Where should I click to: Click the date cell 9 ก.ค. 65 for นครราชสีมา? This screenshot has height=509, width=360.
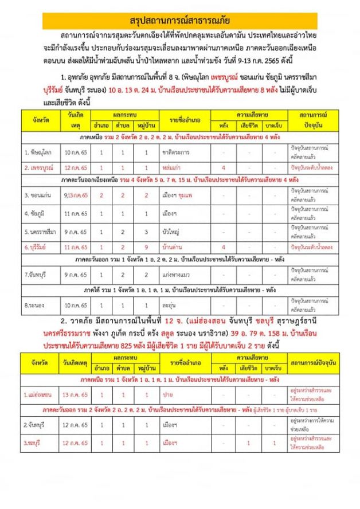pos(75,232)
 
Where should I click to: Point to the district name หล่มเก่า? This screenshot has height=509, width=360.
pos(173,167)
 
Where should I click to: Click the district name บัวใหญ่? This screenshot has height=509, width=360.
pos(172,232)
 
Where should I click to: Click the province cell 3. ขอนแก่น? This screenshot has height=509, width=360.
pos(38,195)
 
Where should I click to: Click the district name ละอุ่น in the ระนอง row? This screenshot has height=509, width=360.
pos(171,306)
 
